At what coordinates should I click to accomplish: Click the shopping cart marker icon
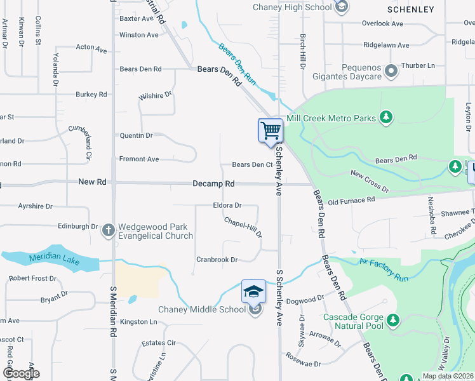click(x=271, y=131)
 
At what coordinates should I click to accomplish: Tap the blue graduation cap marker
click(x=253, y=291)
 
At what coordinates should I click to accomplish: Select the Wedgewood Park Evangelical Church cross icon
click(x=108, y=229)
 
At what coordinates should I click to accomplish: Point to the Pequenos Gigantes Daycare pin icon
click(x=391, y=70)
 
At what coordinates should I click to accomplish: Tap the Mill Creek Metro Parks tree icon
click(x=385, y=117)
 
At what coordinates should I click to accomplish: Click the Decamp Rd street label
click(x=213, y=184)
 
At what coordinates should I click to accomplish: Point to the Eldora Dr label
click(x=227, y=205)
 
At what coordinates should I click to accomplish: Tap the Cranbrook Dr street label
click(x=217, y=260)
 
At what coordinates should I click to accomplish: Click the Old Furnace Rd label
click(x=351, y=201)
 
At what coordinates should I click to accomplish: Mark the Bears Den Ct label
click(x=252, y=164)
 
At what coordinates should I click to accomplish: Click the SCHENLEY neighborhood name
click(x=411, y=10)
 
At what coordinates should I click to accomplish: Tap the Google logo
click(x=21, y=373)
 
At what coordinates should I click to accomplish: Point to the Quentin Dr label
click(x=137, y=135)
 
